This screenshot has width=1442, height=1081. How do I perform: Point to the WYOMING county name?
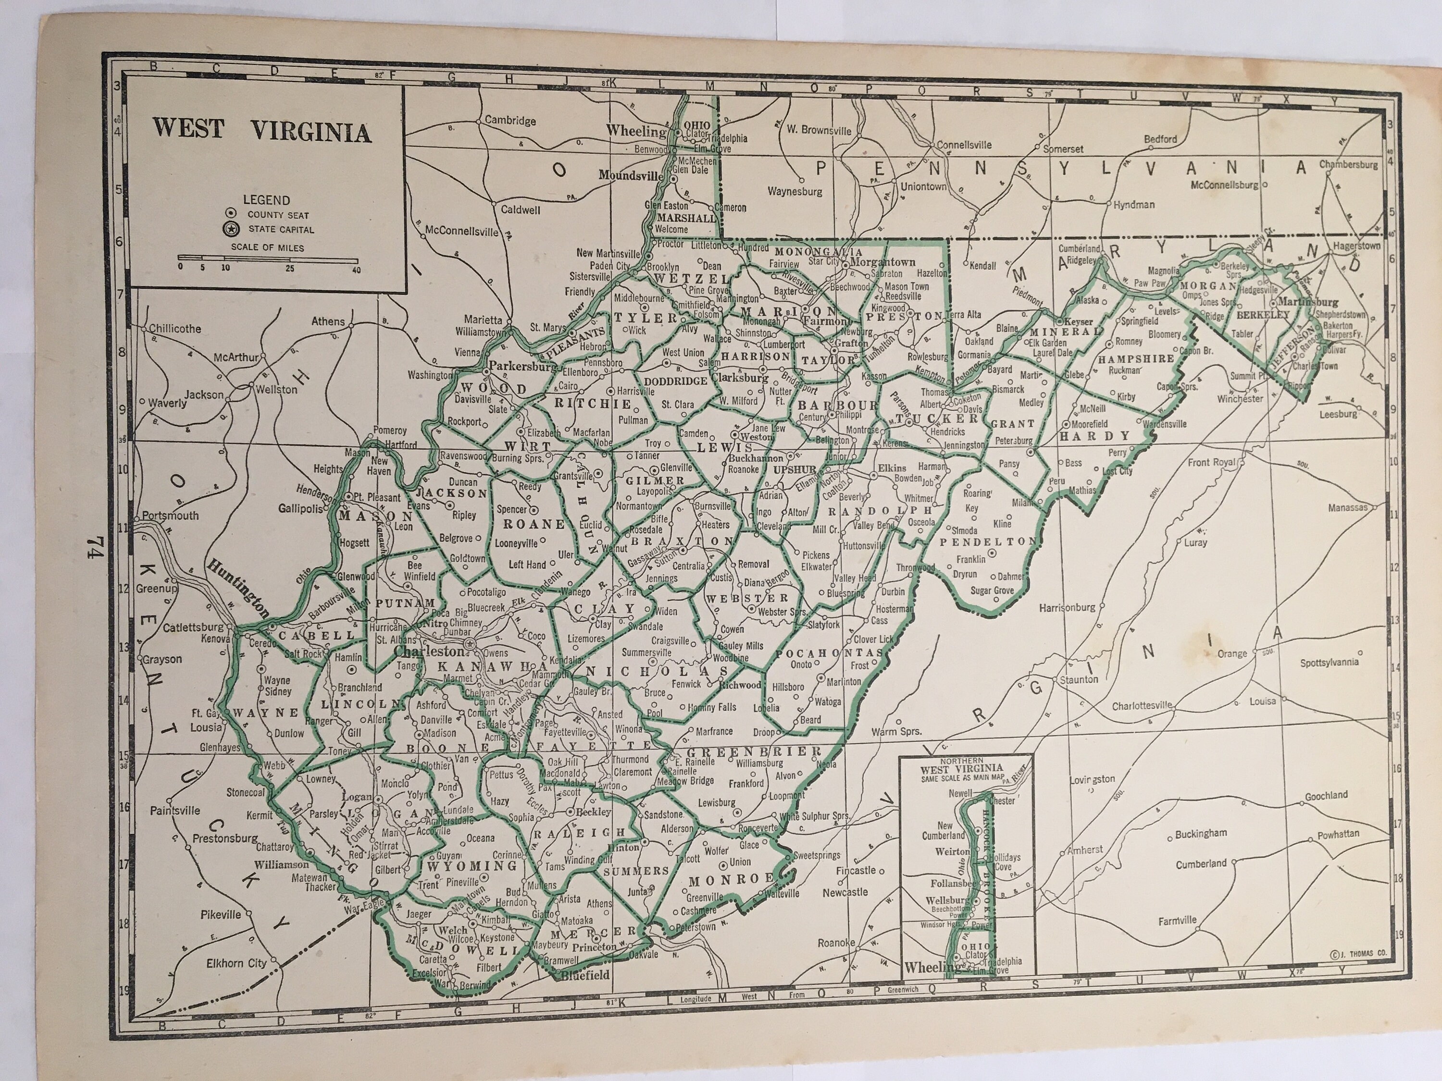[x=472, y=866]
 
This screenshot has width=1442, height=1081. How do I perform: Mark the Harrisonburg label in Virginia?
[x=1067, y=607]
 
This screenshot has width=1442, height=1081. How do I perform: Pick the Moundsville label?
[x=630, y=175]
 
